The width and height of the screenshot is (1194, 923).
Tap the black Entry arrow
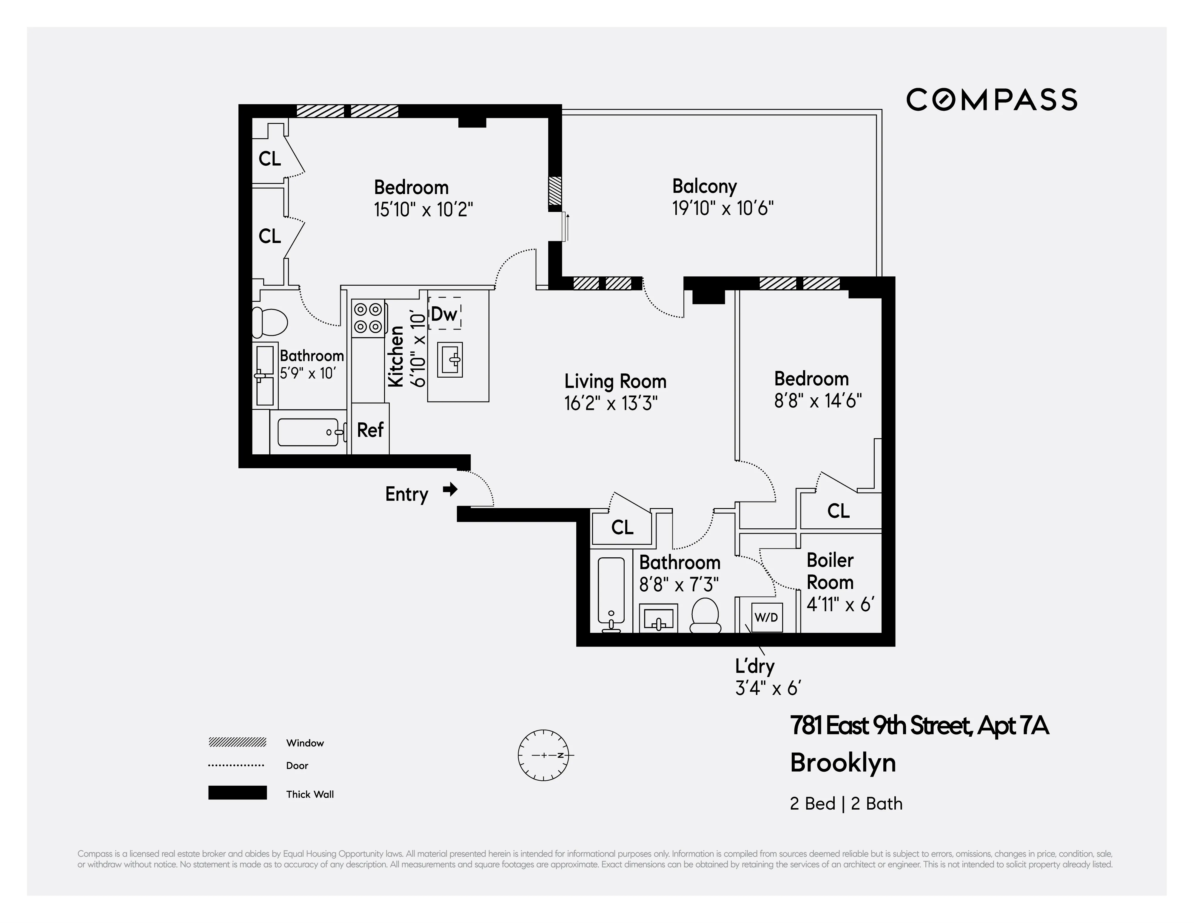[450, 489]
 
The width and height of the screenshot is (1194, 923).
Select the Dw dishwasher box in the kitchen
[444, 313]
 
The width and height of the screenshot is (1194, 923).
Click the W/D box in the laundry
[766, 617]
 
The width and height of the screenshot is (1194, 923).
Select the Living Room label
[615, 381]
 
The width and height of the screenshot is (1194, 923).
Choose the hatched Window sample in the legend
[237, 742]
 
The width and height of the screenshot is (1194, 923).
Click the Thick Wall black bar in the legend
[237, 793]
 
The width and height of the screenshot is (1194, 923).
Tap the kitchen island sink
[450, 360]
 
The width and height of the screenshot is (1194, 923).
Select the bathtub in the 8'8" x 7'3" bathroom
[611, 593]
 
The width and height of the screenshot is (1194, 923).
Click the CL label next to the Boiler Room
[838, 511]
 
